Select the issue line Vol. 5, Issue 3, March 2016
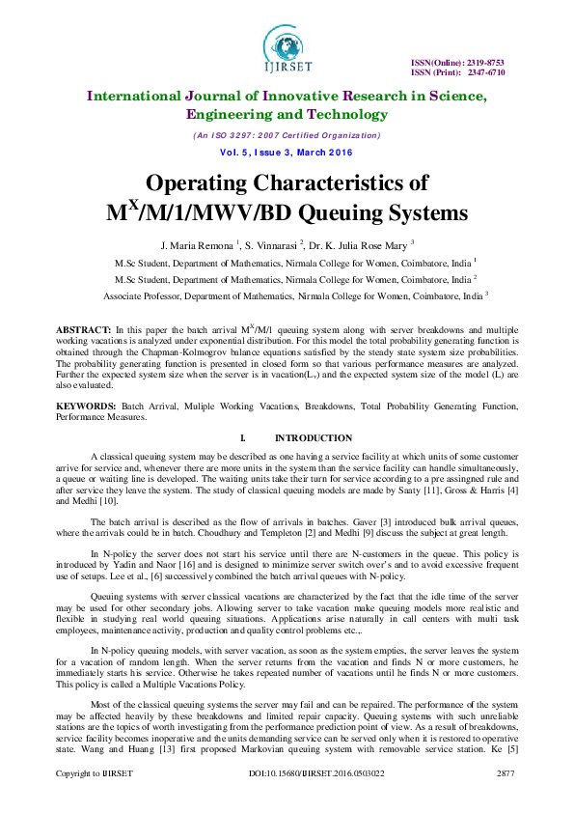287,153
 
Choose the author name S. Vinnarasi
279,246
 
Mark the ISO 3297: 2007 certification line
287,135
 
